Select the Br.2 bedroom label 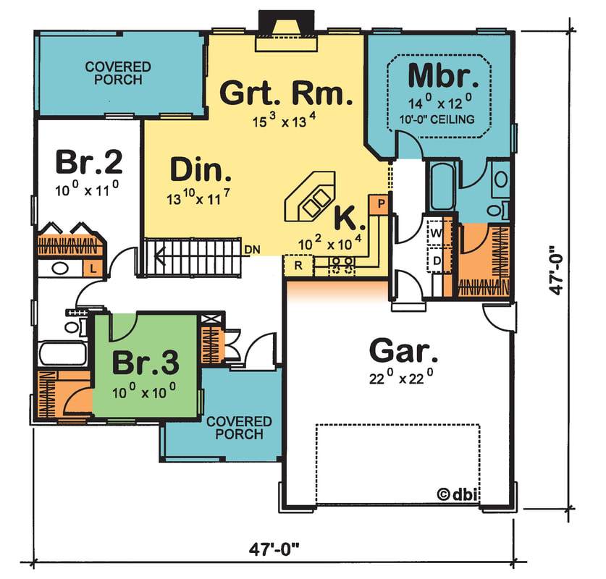pos(88,163)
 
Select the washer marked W pos(438,233)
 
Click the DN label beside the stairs pos(252,250)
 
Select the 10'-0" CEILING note pos(441,119)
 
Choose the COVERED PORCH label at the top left pos(118,73)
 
